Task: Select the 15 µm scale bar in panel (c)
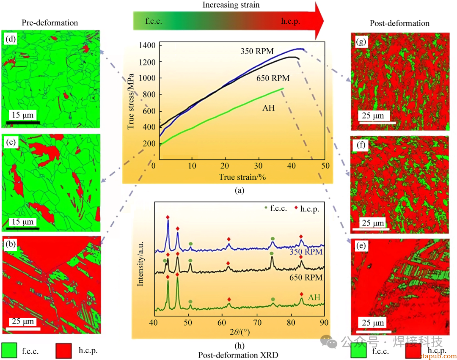[23, 228]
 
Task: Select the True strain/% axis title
[242, 176]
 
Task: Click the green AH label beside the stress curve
[268, 108]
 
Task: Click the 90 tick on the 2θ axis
[324, 323]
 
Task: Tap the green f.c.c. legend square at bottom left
[9, 350]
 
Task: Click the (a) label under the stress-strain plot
[240, 190]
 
